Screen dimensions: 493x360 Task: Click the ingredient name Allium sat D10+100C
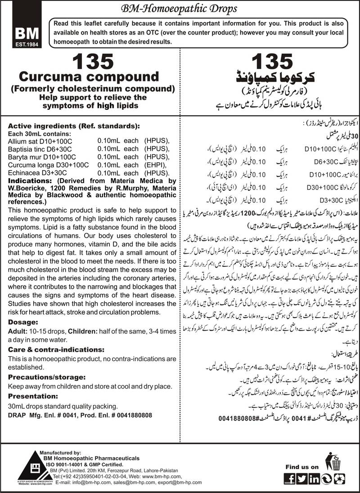pos(40,141)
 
